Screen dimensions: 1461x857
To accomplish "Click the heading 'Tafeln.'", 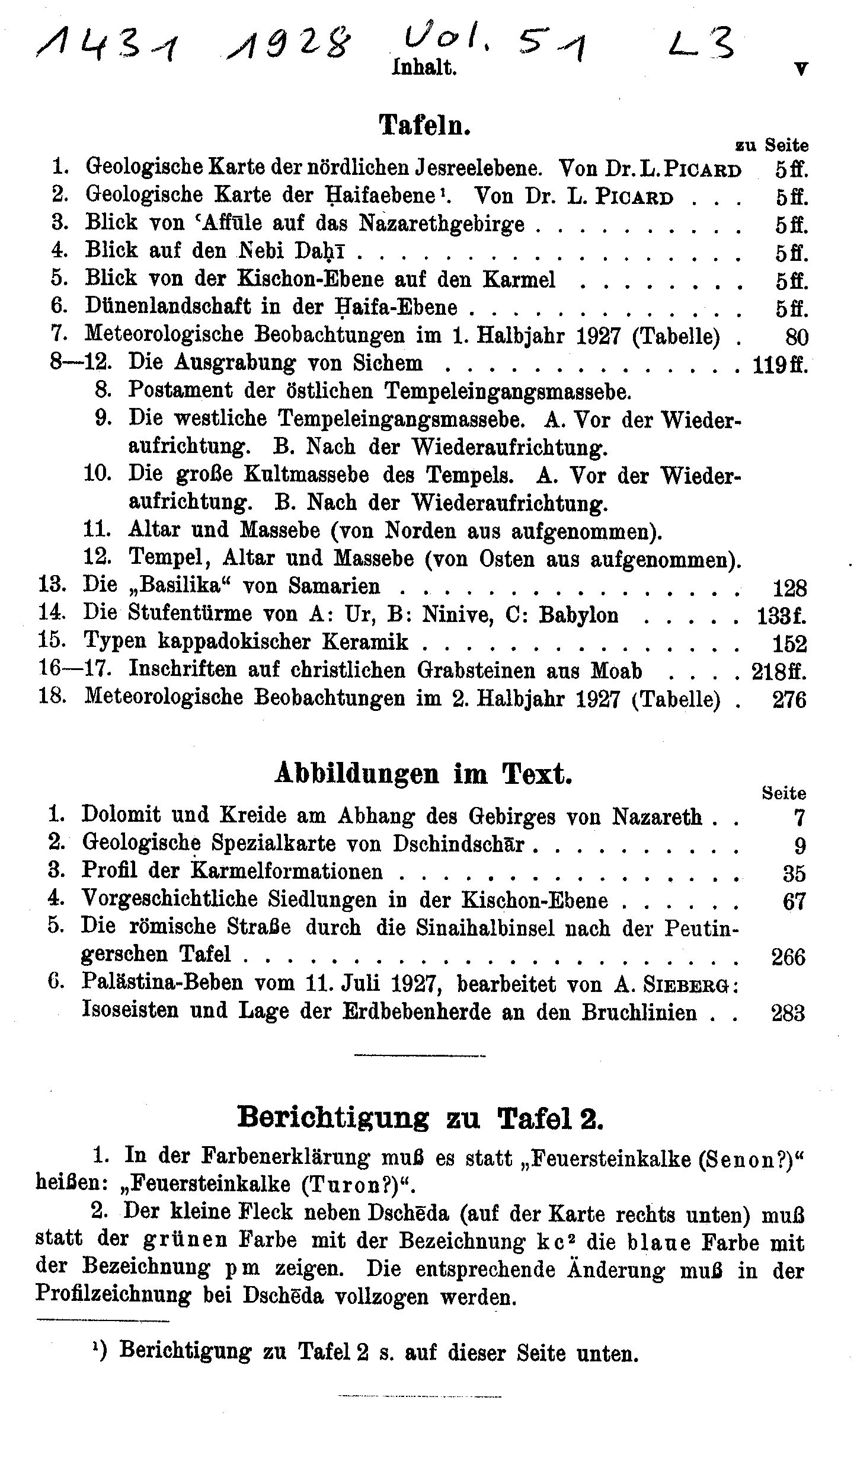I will (424, 125).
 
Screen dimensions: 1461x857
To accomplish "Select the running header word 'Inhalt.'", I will (424, 68).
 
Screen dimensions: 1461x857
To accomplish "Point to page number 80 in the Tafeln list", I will (796, 337).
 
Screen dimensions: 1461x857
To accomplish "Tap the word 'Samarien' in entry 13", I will (334, 586).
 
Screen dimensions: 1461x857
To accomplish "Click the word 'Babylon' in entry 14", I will (578, 615).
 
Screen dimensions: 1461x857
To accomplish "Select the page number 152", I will (789, 643).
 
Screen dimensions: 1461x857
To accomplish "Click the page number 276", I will (789, 700).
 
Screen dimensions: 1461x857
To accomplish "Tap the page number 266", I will (788, 956).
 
